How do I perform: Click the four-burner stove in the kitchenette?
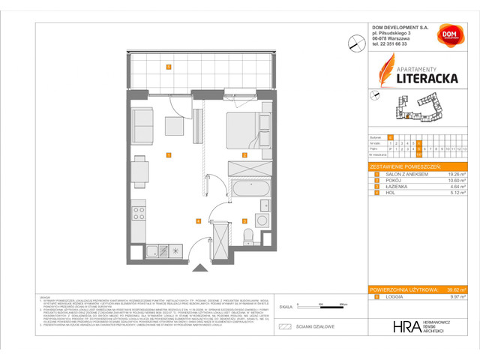[139, 214]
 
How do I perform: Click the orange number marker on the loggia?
[169, 67]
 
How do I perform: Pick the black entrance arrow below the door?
[199, 268]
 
